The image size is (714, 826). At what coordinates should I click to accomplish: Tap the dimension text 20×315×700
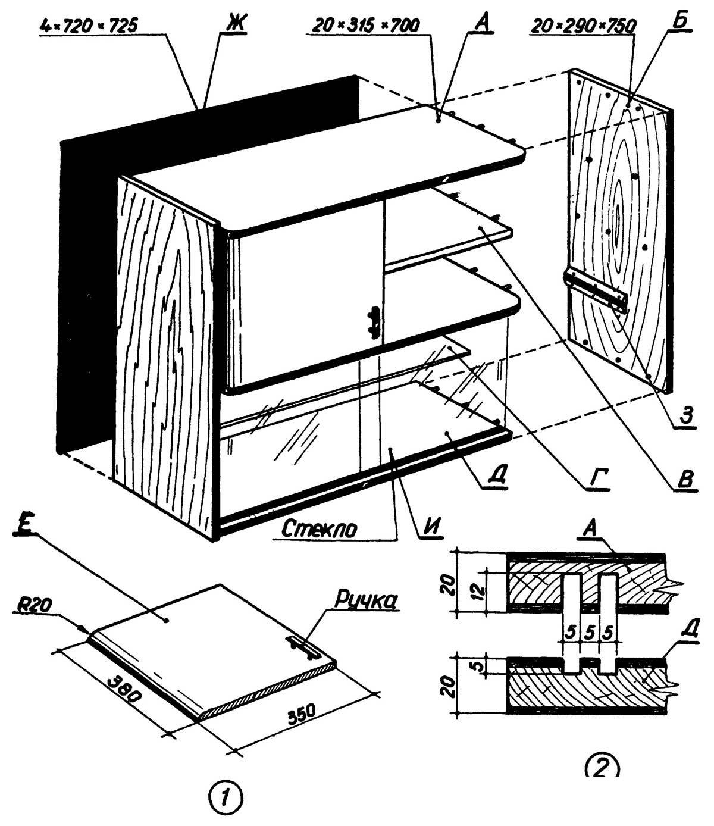[x=365, y=25]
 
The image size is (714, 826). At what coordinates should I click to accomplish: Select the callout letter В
[x=685, y=480]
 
